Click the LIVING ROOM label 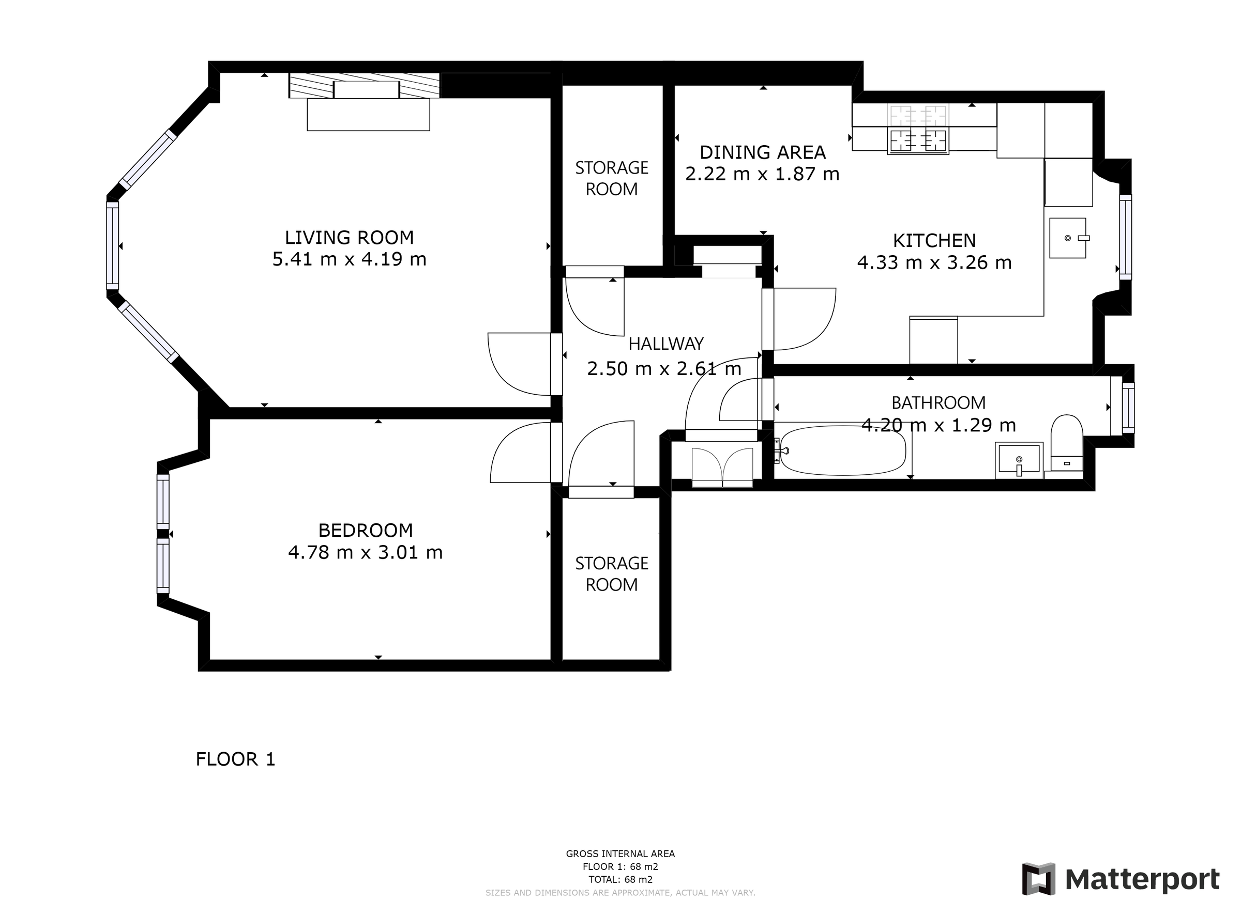click(x=349, y=238)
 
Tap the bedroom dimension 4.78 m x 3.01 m click(x=365, y=552)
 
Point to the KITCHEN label click(x=934, y=240)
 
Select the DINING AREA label click(x=762, y=152)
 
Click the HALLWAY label click(x=666, y=344)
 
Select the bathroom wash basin click(x=1019, y=460)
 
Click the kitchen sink click(x=1068, y=238)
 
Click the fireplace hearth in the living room click(x=368, y=115)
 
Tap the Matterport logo click(x=1121, y=879)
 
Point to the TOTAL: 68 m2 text click(x=620, y=879)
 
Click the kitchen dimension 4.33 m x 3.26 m click(x=934, y=262)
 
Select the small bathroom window click(x=1128, y=408)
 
